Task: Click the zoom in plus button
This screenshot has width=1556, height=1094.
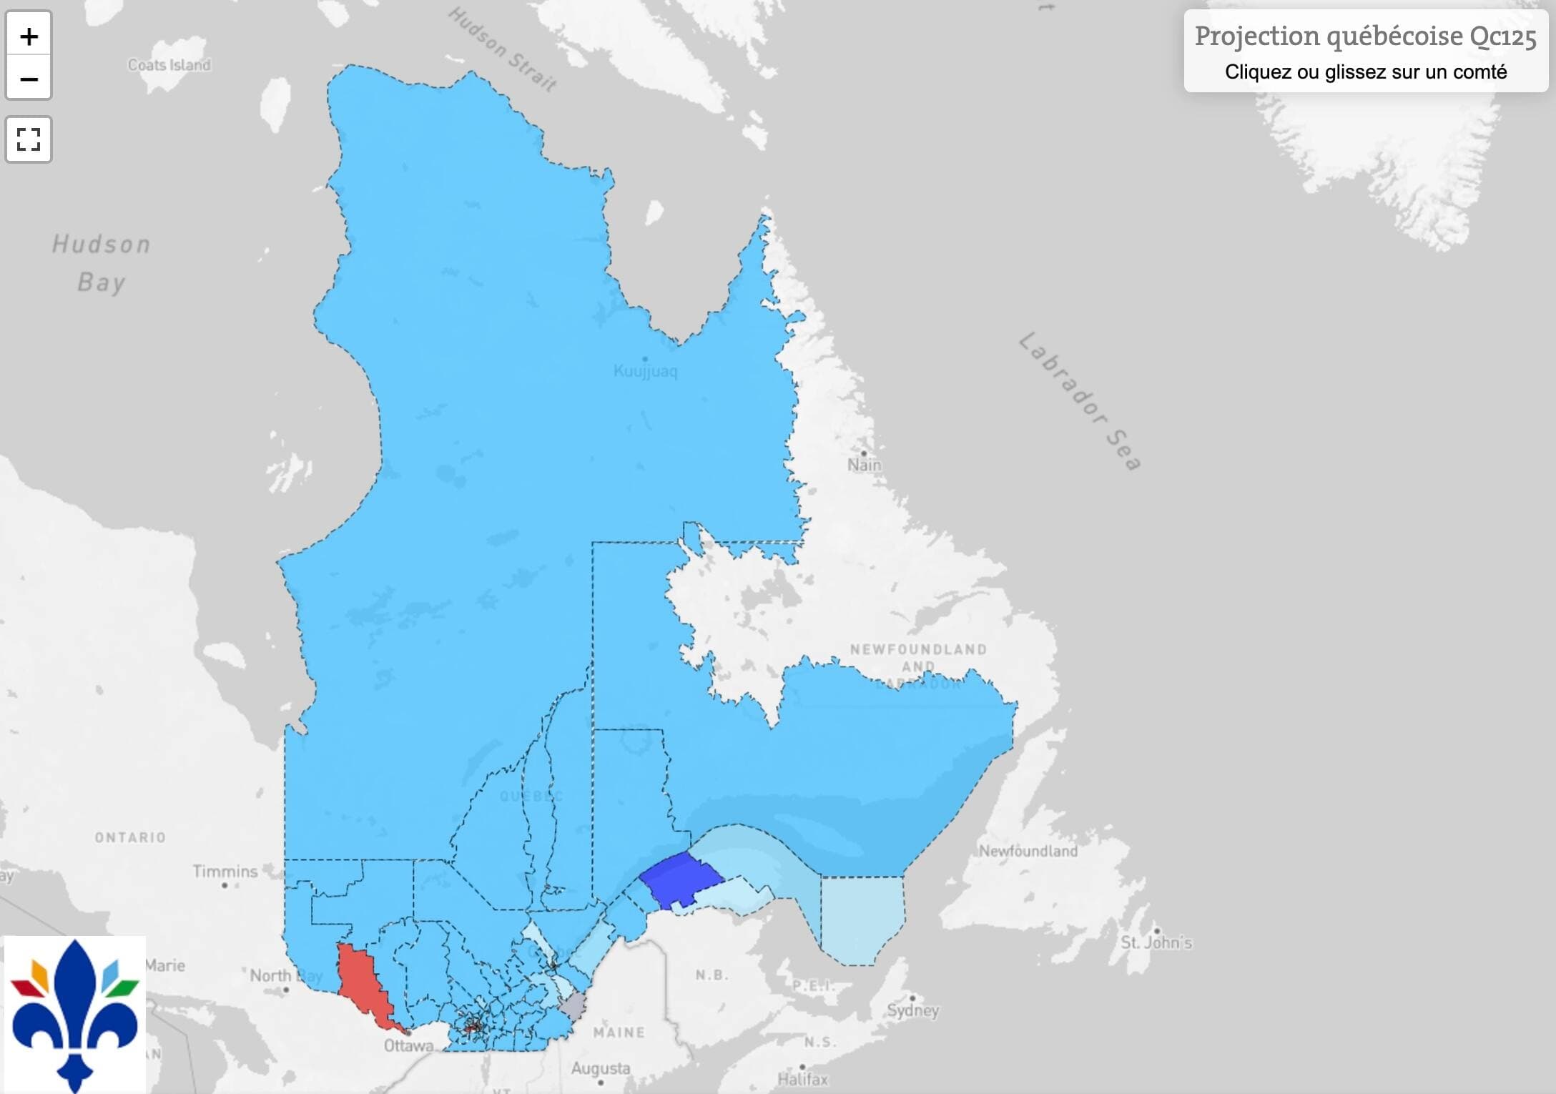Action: pos(29,36)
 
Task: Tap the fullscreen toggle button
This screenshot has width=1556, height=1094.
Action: pos(29,139)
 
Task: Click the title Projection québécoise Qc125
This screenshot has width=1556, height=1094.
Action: pos(1365,36)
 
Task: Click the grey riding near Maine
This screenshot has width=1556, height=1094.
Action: pos(573,1006)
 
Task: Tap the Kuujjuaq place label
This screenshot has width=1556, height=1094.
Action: pos(645,371)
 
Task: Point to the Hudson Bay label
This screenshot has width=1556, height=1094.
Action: pos(102,263)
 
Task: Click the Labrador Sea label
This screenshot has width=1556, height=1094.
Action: pos(1080,401)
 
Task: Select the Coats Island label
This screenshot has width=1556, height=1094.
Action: pos(169,65)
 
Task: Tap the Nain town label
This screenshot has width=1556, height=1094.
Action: pos(865,465)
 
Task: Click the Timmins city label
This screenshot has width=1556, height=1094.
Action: pos(225,871)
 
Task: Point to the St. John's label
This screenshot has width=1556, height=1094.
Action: pos(1156,942)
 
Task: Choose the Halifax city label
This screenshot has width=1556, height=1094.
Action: pos(802,1078)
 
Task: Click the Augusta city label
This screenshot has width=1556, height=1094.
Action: pos(600,1068)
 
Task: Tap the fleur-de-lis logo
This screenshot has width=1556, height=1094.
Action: pos(75,1014)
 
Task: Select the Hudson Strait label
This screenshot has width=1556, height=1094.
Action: pos(502,50)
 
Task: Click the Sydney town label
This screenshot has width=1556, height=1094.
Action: pos(912,1010)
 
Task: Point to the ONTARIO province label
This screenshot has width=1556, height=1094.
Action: pos(130,837)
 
